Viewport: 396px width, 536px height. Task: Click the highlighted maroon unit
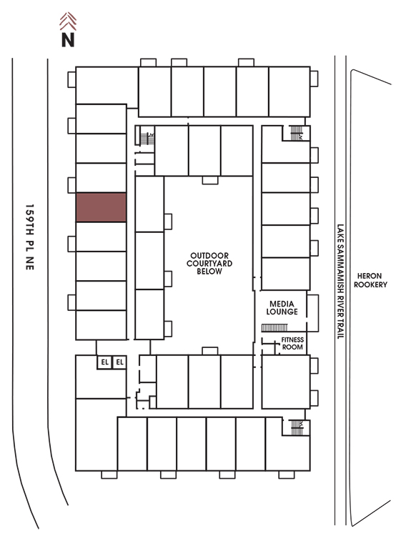coord(102,207)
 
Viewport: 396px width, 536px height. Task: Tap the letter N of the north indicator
coord(68,39)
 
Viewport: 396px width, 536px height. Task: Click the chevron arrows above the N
coord(68,21)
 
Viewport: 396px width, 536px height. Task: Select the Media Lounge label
coord(282,307)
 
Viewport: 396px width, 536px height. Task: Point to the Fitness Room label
coord(292,343)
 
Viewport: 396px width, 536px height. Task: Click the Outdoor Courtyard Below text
coord(209,264)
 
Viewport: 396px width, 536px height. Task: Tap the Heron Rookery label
coord(370,280)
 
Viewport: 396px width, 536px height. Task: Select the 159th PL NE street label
coord(30,237)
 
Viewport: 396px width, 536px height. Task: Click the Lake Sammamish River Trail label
coord(340,282)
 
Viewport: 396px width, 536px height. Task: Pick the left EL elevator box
coord(104,362)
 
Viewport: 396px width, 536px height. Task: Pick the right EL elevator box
coord(119,362)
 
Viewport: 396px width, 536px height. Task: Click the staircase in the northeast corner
coord(296,133)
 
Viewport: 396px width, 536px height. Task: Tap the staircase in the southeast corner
coord(297,427)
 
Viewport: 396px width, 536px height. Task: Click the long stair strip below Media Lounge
coord(274,328)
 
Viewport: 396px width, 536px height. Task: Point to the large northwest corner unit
coord(107,86)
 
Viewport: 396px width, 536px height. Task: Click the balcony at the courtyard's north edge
coord(210,180)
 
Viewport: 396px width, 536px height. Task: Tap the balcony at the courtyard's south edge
coord(210,351)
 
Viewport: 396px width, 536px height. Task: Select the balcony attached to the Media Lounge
coord(312,313)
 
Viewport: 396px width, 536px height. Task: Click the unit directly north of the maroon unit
coord(102,178)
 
